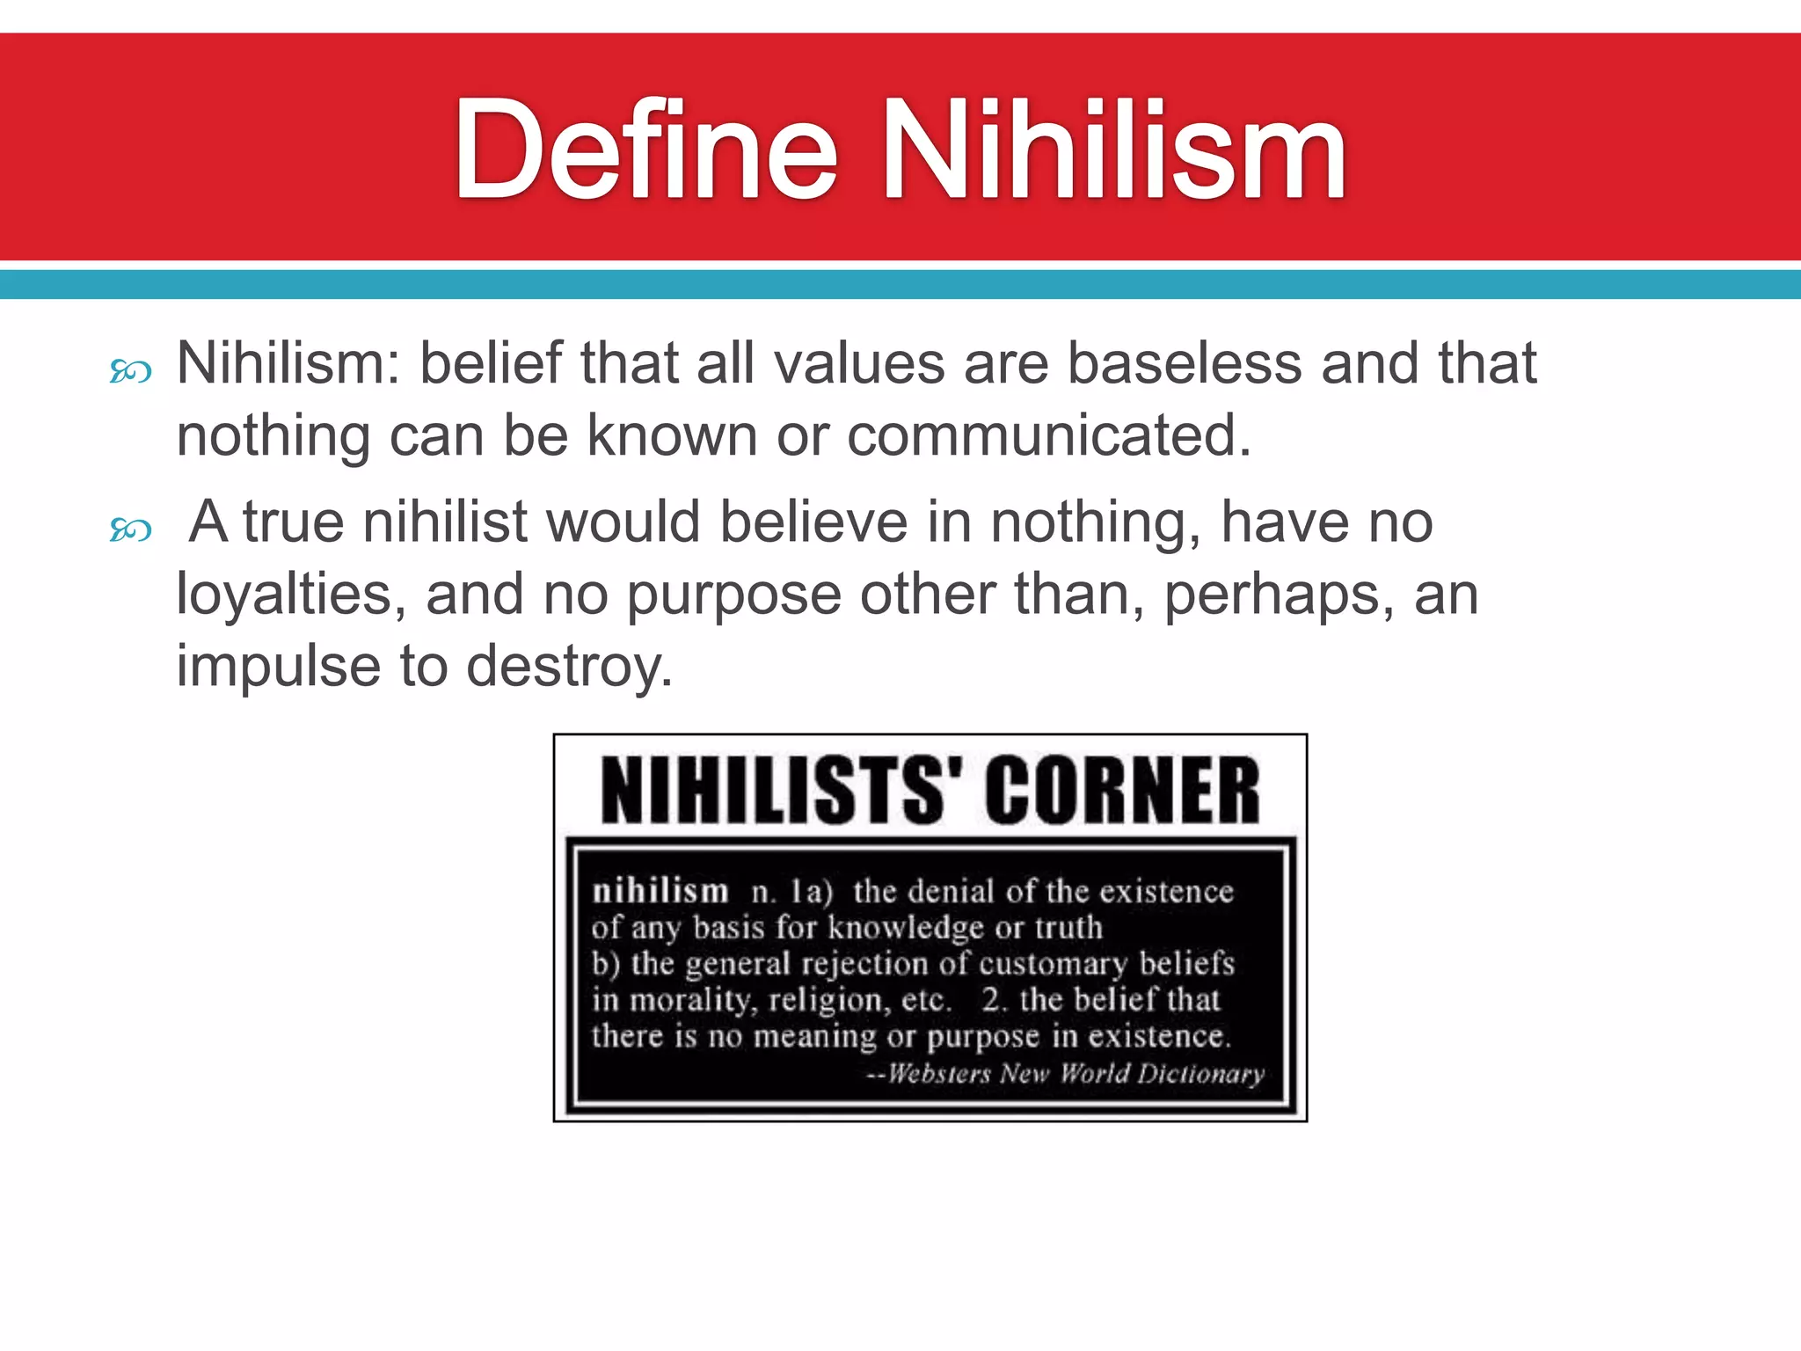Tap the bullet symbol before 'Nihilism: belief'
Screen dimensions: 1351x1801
click(131, 372)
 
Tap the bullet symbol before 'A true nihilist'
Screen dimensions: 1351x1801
click(131, 529)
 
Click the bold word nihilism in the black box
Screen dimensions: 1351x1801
click(660, 891)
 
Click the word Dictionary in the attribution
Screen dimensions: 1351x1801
click(1200, 1074)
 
